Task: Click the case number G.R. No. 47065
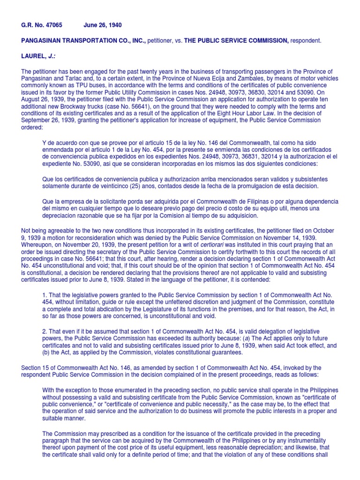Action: click(x=42, y=26)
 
